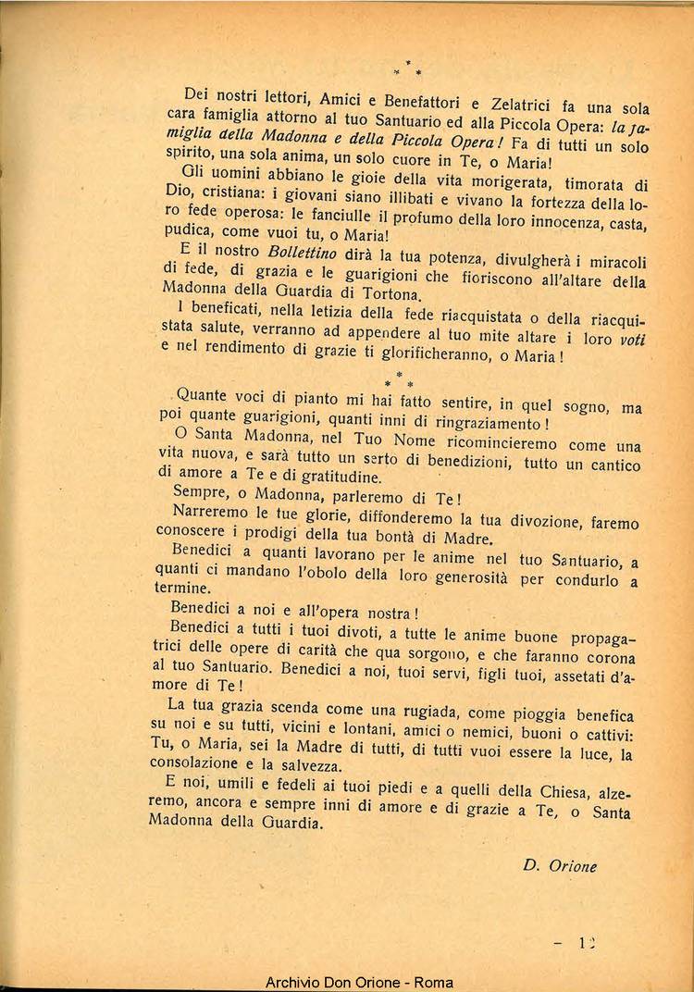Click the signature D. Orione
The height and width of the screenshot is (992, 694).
coord(560,867)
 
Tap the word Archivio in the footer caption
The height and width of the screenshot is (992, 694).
coord(294,983)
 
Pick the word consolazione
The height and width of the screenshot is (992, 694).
coord(196,765)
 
